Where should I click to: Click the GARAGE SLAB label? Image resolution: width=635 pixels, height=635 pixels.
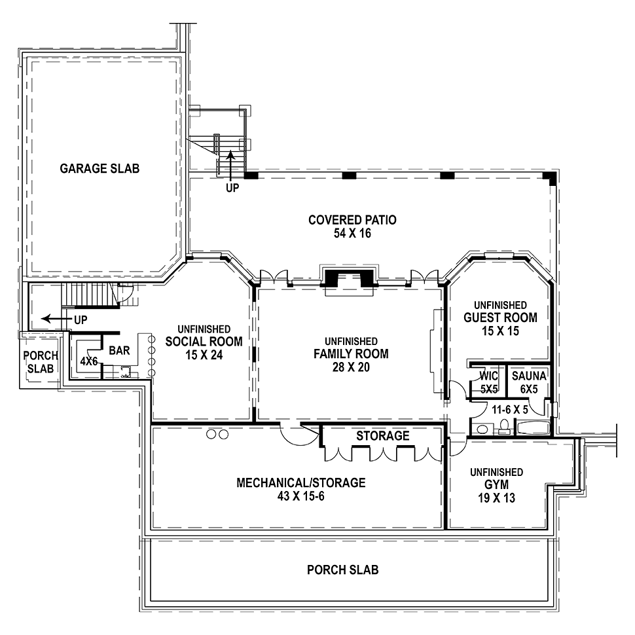click(100, 168)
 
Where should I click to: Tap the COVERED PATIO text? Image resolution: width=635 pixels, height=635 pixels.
click(352, 220)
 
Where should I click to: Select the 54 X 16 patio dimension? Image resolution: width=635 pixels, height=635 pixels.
click(352, 233)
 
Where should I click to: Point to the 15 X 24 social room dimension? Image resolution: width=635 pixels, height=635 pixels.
click(204, 355)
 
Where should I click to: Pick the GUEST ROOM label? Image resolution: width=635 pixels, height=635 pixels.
click(501, 317)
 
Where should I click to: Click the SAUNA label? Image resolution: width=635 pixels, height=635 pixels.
click(529, 376)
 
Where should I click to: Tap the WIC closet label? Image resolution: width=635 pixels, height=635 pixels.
click(489, 376)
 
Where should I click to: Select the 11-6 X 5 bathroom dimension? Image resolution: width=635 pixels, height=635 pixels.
click(510, 409)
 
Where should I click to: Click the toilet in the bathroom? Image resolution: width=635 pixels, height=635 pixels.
click(504, 427)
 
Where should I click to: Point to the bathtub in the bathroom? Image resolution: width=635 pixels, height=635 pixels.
click(532, 427)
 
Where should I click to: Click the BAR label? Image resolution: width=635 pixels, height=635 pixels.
click(119, 350)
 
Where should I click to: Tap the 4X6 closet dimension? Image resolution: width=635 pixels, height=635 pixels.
click(88, 361)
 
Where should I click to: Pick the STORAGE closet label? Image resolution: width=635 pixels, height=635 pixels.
click(383, 436)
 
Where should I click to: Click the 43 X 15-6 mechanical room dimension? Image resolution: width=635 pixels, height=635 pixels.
click(301, 496)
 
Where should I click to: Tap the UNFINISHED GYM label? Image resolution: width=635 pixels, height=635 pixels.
click(496, 479)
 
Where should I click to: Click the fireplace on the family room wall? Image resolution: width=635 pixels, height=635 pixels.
click(349, 279)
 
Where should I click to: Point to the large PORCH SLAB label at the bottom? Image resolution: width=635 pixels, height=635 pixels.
click(342, 570)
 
